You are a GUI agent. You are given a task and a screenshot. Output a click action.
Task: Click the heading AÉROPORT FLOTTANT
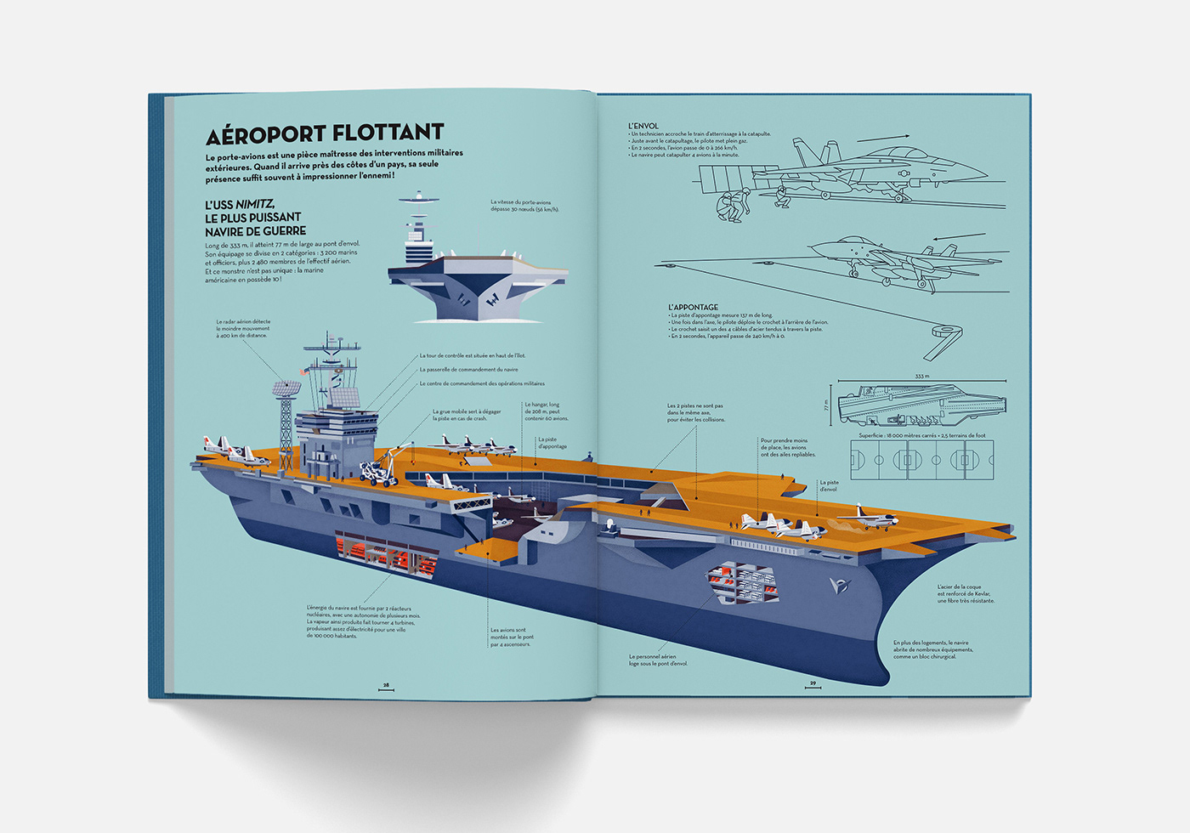click(325, 133)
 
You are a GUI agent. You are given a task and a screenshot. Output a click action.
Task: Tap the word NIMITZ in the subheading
click(254, 205)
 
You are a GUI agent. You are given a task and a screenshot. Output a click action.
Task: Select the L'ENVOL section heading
click(643, 126)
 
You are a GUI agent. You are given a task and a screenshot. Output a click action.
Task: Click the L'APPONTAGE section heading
click(693, 307)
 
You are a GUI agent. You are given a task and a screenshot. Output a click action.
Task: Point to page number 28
click(386, 684)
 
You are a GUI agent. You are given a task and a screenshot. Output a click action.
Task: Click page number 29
click(813, 683)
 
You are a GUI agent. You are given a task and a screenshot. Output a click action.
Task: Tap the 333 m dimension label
click(922, 376)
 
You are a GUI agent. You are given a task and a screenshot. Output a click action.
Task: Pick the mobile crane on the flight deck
click(381, 468)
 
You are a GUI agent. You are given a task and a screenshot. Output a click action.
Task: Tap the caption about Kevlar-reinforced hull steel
click(965, 593)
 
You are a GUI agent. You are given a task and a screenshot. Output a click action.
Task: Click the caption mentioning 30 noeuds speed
click(524, 206)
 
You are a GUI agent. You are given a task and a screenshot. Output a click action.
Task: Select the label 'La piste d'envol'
click(829, 485)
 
